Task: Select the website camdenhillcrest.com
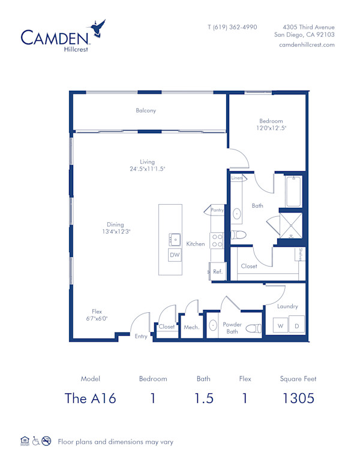307,45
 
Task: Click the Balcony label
146,110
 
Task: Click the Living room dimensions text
148,169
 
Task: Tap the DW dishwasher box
175,255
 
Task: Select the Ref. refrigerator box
217,271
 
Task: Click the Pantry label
217,210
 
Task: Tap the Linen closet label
237,178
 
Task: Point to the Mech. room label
191,327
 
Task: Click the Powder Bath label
232,328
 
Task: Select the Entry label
141,336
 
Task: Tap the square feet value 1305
298,398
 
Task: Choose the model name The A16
90,398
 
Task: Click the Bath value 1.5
203,398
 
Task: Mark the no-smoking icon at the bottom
46,441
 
